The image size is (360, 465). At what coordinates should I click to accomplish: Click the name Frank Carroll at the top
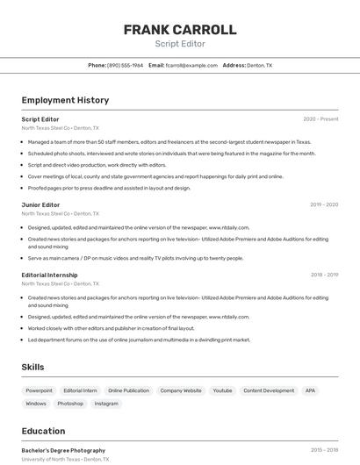(x=180, y=29)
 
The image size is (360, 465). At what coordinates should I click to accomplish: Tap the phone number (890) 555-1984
(x=125, y=65)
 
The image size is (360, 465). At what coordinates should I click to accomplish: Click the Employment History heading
(x=65, y=100)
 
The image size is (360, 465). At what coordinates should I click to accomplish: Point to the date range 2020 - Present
(x=320, y=118)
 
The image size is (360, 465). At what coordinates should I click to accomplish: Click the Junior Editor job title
(x=40, y=204)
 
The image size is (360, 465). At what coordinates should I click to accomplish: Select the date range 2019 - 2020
(x=324, y=204)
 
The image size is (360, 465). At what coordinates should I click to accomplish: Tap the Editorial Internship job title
(x=49, y=275)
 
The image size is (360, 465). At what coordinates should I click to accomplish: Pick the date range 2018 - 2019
(x=324, y=275)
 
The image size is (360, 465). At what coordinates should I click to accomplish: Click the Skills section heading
(x=32, y=367)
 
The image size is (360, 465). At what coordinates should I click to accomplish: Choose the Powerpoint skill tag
(x=39, y=390)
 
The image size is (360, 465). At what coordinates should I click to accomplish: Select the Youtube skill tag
(x=222, y=390)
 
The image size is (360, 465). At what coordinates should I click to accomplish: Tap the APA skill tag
(x=310, y=390)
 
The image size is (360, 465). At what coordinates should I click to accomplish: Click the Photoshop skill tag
(x=70, y=404)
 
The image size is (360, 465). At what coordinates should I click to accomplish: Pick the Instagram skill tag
(x=106, y=404)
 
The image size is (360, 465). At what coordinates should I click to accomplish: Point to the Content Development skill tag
(x=269, y=390)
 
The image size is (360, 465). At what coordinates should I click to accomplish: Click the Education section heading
(x=43, y=431)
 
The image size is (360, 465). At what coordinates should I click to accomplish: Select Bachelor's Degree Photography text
(x=63, y=450)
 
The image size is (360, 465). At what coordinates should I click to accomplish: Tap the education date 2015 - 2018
(x=324, y=450)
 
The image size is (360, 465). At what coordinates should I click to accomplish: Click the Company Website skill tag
(x=181, y=390)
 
